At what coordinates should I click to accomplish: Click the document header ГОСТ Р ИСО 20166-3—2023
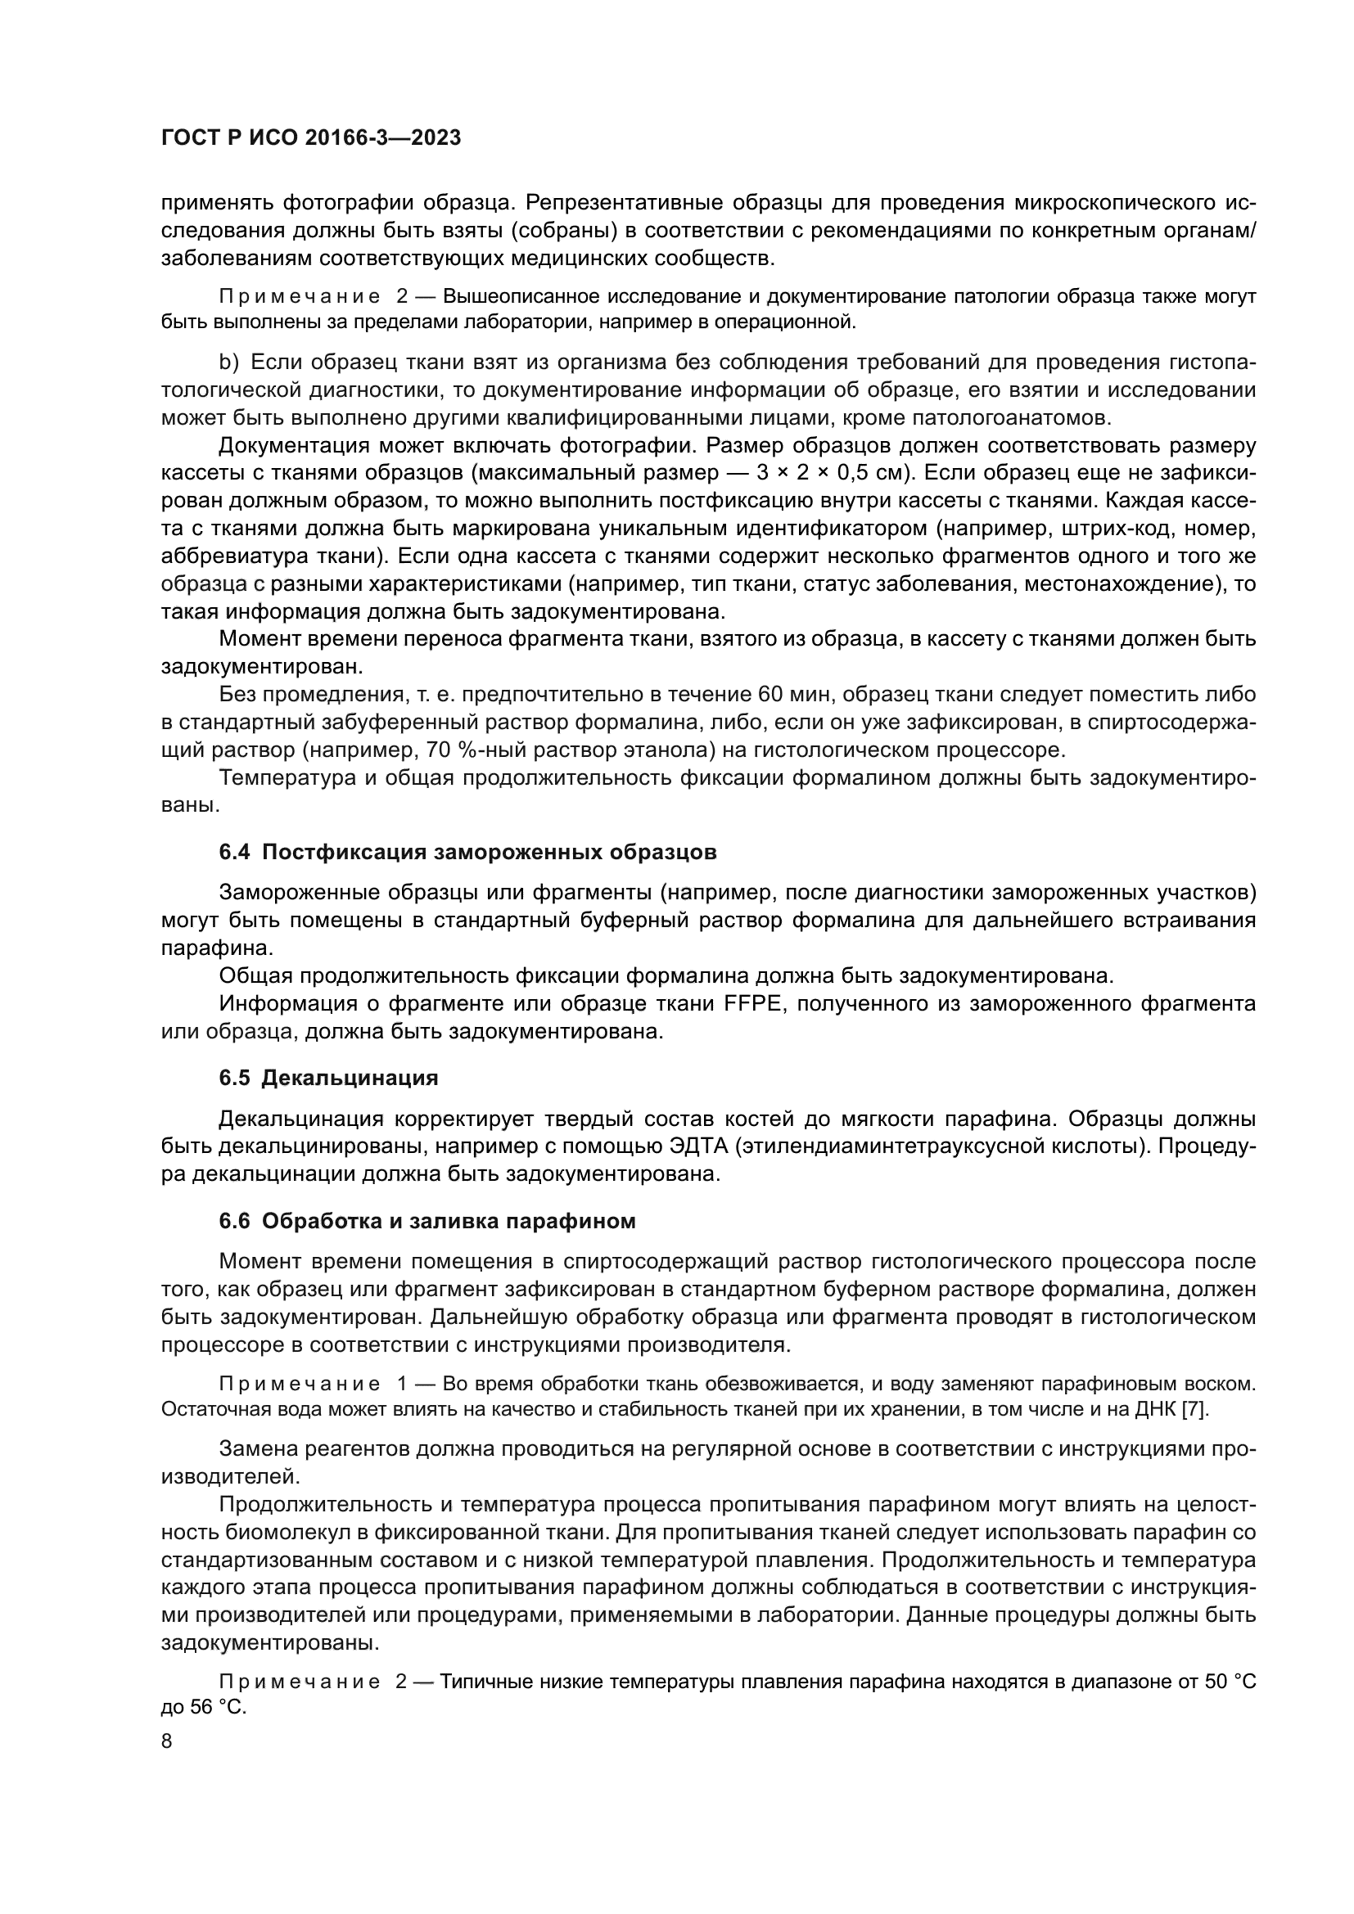click(310, 138)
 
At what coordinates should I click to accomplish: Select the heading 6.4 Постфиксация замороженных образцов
click(467, 853)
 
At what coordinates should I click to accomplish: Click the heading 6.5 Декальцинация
click(328, 1078)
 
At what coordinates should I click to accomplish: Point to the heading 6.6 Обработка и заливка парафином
click(427, 1221)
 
